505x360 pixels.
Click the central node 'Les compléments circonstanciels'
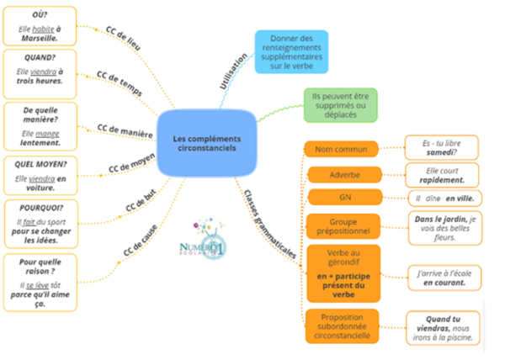coord(205,143)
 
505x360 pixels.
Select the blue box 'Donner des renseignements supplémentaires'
coord(291,51)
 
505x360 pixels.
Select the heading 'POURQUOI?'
coord(41,207)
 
